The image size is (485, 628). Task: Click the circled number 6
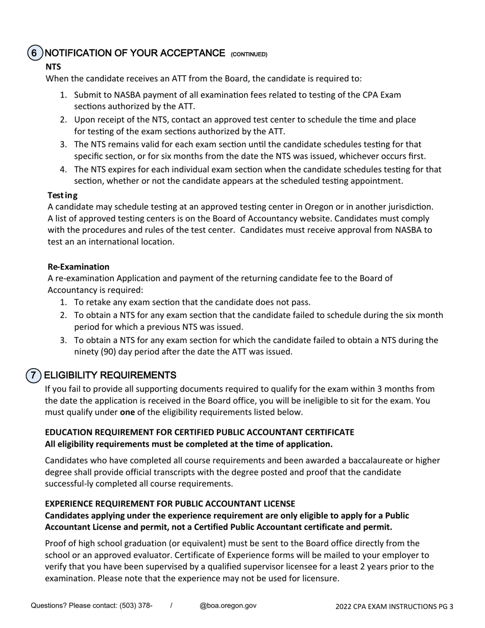click(x=34, y=53)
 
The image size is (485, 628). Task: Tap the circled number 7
click(x=33, y=375)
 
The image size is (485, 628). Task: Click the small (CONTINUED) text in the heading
click(x=249, y=54)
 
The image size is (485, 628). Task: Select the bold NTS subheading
click(x=53, y=66)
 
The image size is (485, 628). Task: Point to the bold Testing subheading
click(x=62, y=195)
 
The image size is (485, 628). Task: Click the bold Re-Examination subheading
click(x=78, y=267)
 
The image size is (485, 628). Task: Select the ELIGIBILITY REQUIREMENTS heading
click(x=110, y=375)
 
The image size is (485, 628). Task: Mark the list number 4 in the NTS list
click(x=63, y=170)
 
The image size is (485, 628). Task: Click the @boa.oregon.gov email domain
click(x=228, y=606)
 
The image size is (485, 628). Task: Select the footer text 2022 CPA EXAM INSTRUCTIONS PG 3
click(x=394, y=607)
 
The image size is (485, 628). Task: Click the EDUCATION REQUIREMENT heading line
click(x=199, y=432)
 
